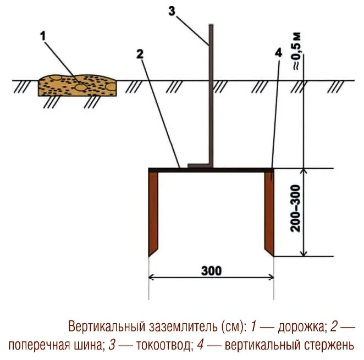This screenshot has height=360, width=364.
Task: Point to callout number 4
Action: (x=277, y=53)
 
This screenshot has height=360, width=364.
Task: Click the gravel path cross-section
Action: (x=77, y=85)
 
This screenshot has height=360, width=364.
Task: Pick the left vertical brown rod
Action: (x=153, y=212)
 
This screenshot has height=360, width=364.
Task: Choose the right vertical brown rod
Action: (x=269, y=212)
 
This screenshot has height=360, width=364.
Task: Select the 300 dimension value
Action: (x=211, y=271)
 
